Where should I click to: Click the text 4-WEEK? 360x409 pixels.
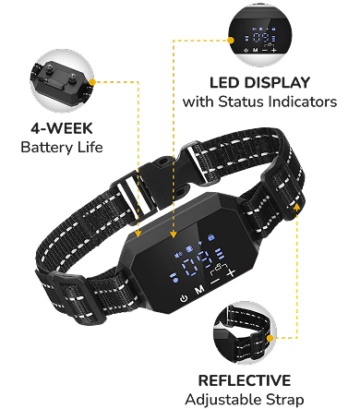tap(62, 128)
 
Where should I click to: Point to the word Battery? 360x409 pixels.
tap(46, 148)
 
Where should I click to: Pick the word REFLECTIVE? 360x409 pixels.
tap(245, 380)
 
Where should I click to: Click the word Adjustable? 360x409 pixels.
tap(223, 400)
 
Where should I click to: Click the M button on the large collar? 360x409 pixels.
tap(199, 290)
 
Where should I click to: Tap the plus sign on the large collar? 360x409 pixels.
tap(232, 272)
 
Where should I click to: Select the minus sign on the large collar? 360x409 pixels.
tap(215, 281)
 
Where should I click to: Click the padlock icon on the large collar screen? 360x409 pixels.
tap(211, 237)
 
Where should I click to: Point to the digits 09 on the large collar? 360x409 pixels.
tap(197, 264)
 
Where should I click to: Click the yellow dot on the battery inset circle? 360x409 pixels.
tap(92, 82)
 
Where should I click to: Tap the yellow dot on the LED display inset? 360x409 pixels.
tap(231, 40)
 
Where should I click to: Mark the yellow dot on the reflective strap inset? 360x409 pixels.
tap(270, 338)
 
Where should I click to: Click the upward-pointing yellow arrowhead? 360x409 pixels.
tap(297, 206)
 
